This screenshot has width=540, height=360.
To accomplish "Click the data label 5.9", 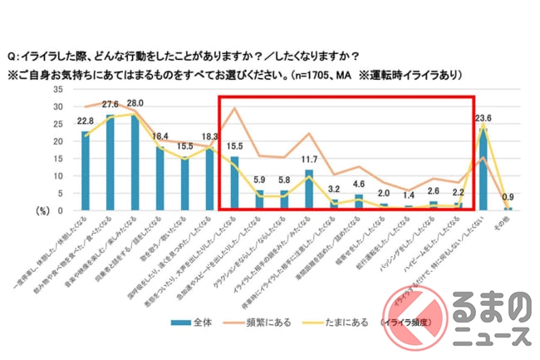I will point(259,178).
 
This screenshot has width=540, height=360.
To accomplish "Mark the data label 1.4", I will point(408,194).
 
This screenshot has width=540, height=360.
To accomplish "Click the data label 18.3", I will point(210,136).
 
